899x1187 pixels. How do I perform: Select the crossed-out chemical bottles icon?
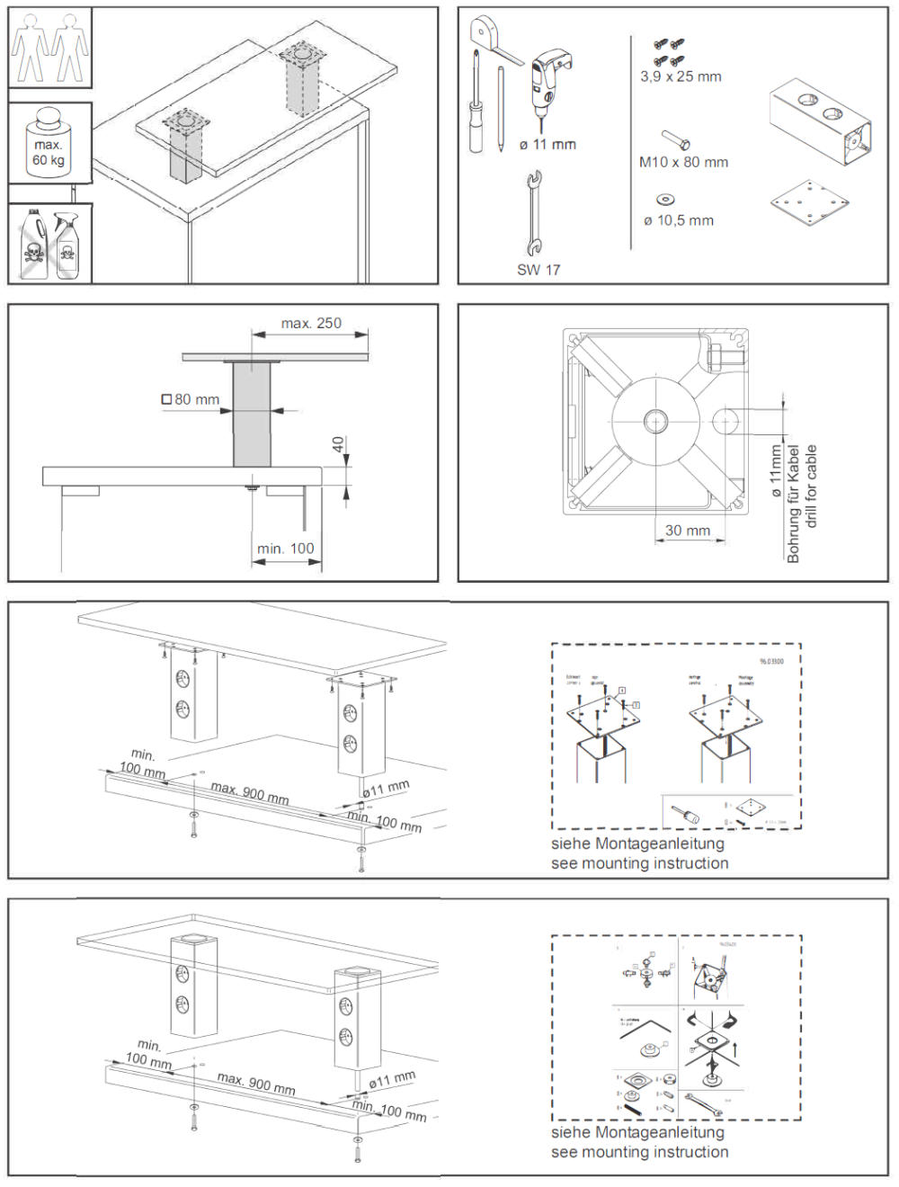49,245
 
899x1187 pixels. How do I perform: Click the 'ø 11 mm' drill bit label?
547,144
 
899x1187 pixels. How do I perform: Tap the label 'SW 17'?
539,269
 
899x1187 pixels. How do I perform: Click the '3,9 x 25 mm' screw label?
681,76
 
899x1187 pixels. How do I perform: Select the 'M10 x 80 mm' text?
683,162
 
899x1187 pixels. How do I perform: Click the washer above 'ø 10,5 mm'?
666,199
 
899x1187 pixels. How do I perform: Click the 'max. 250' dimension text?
311,323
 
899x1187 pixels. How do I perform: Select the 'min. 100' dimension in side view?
286,548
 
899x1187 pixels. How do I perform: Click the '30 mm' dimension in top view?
688,531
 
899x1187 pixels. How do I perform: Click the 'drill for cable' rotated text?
811,486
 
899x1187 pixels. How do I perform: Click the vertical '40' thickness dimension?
338,444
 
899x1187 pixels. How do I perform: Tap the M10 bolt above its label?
676,139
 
